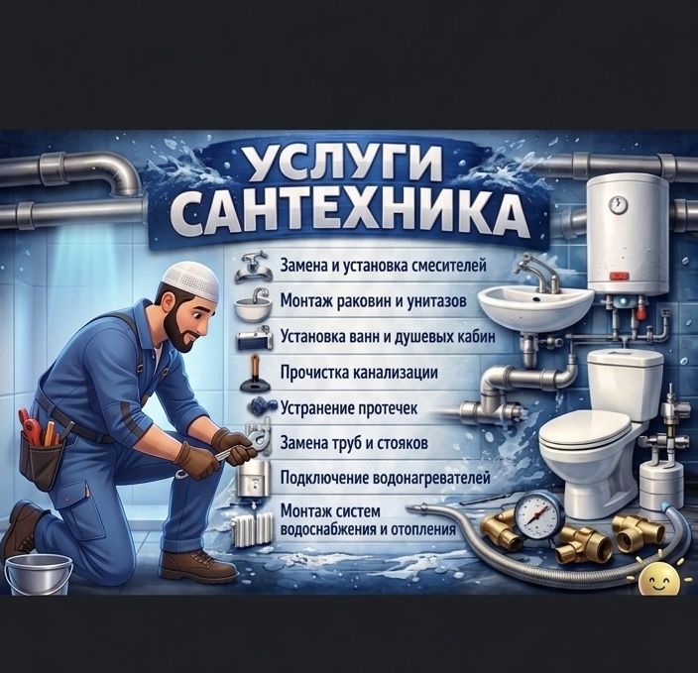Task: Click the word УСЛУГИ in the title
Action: click(x=343, y=164)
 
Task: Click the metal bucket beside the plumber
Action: click(x=39, y=574)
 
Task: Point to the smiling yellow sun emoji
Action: click(x=658, y=579)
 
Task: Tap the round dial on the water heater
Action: click(x=618, y=204)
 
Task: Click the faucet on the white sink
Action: click(x=538, y=271)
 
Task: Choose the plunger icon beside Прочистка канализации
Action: click(x=254, y=374)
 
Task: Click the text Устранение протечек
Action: click(x=349, y=408)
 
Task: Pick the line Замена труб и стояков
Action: click(x=354, y=443)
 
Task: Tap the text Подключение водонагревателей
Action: click(x=385, y=479)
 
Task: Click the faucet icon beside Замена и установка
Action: click(x=253, y=267)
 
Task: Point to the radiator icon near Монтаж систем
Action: click(x=252, y=528)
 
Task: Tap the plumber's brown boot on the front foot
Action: click(x=198, y=566)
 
